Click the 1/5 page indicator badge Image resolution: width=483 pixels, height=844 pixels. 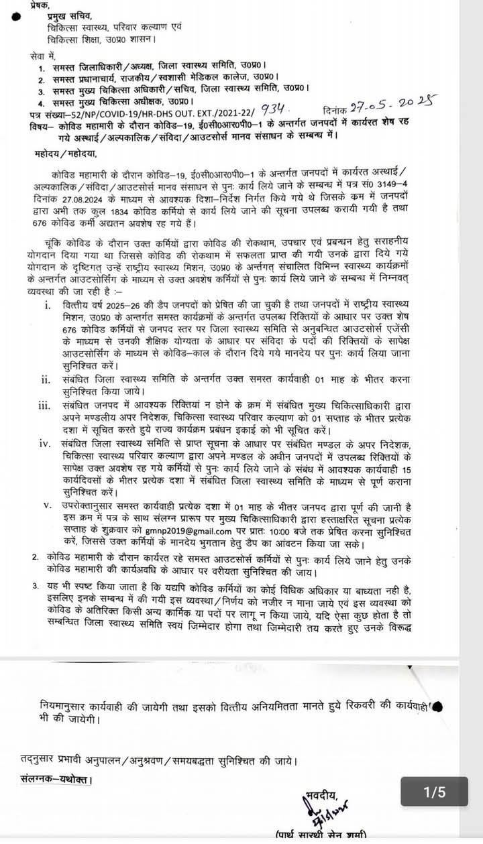435,792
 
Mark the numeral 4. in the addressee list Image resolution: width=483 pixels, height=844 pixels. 42,103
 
